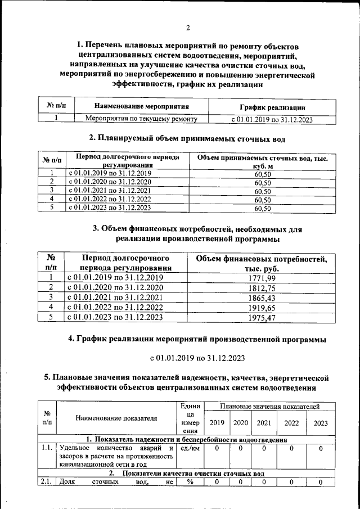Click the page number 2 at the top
tap(188, 28)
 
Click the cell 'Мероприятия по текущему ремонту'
tap(141, 119)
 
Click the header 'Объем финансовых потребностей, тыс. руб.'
tap(262, 263)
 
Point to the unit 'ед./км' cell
tap(187, 448)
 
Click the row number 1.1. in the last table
tap(47, 448)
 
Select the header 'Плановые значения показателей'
tap(271, 406)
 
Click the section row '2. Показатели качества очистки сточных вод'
tap(187, 473)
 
